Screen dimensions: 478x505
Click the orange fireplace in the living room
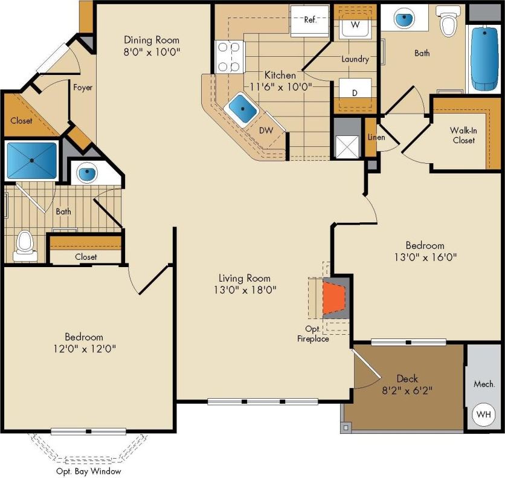click(334, 299)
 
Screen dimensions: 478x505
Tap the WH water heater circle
click(483, 415)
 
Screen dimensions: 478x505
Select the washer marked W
click(355, 25)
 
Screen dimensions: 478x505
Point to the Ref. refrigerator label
click(310, 19)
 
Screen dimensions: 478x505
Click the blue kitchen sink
click(242, 109)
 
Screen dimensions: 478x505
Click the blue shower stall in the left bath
click(31, 160)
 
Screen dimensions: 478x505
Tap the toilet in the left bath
click(25, 245)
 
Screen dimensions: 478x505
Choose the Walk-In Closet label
click(462, 135)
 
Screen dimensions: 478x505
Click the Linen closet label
click(376, 137)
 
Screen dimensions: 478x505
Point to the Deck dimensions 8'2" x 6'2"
click(408, 390)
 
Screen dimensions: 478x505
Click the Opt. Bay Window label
click(88, 471)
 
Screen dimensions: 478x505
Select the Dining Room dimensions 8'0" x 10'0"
click(150, 51)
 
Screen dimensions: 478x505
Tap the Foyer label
click(83, 88)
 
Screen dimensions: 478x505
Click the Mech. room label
click(484, 384)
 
